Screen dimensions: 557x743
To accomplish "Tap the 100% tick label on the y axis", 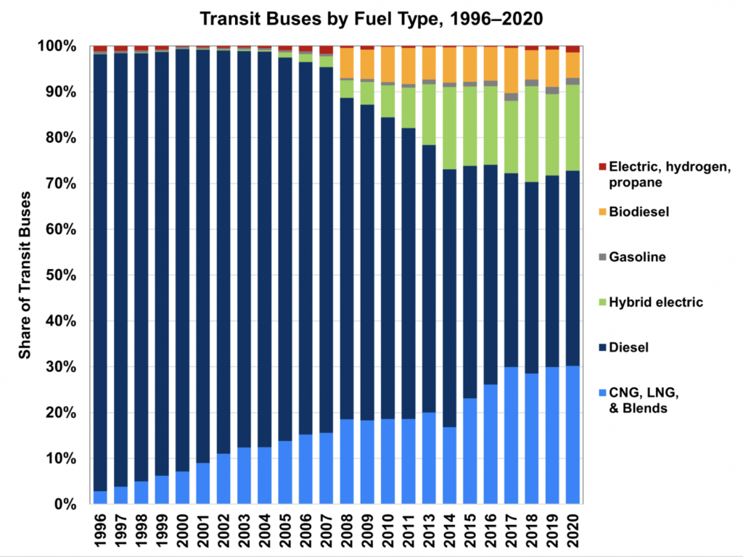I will (x=57, y=46).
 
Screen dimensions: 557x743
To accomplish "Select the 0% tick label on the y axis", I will (x=63, y=505).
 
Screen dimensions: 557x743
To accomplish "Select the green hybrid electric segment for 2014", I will (x=450, y=128).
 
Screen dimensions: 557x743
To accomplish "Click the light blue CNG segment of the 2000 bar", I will (x=183, y=487).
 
